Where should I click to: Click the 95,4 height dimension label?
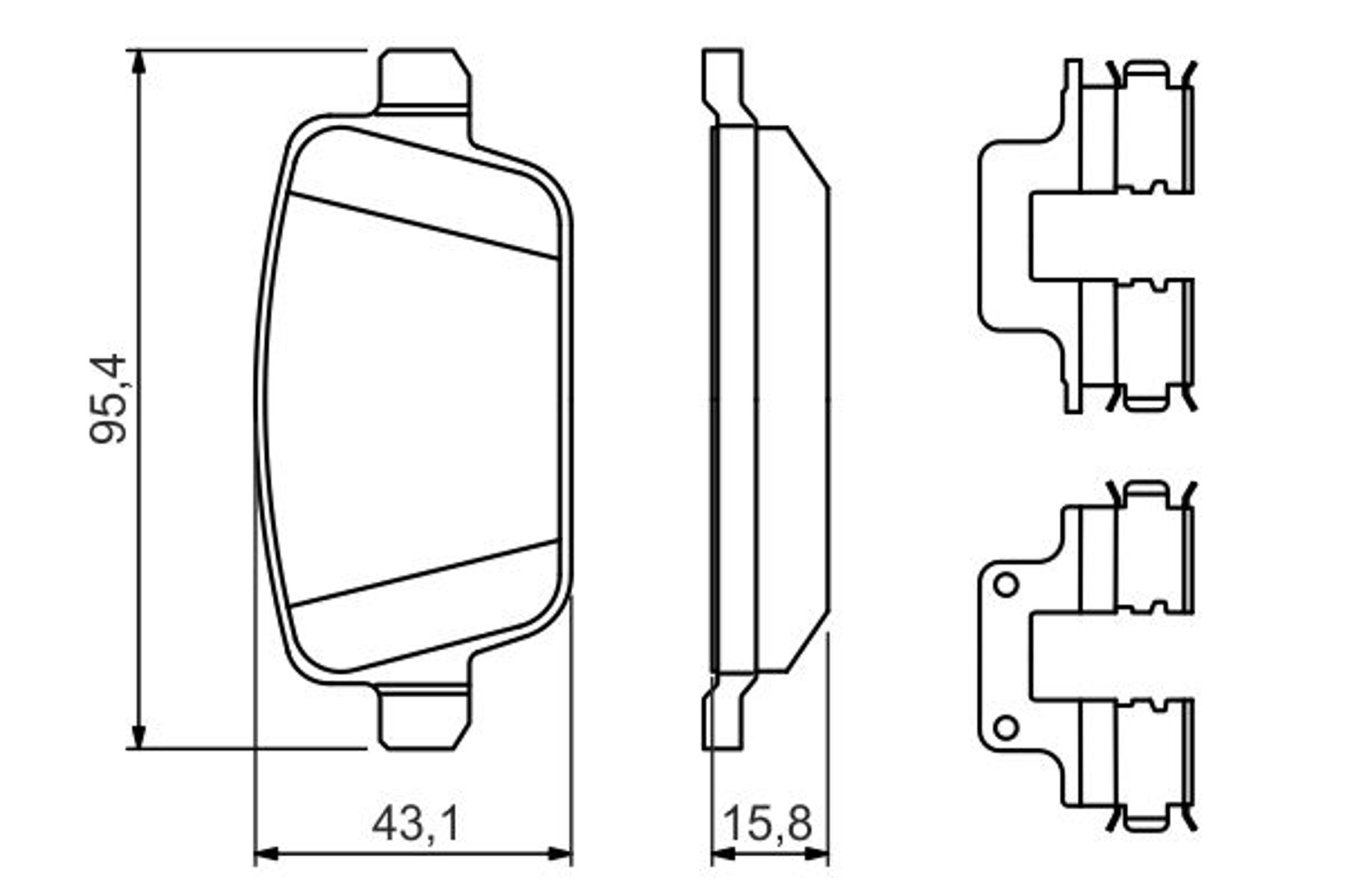coord(109,399)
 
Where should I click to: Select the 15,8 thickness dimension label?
coord(767,823)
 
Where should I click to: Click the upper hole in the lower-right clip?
coord(1006,585)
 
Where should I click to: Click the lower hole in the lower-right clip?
coord(1006,727)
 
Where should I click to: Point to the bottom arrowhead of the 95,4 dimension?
coord(138,735)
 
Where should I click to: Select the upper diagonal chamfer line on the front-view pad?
coord(423,226)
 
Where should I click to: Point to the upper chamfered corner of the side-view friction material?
coord(808,157)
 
